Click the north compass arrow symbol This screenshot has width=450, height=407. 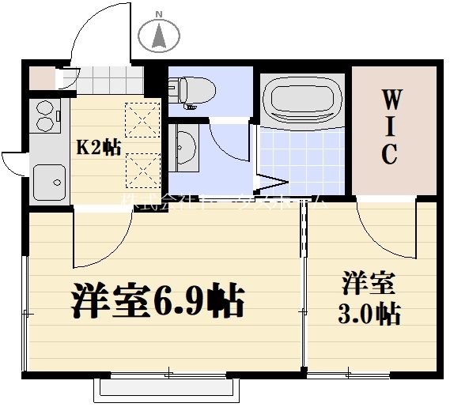pos(158,36)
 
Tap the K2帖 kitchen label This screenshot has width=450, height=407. pos(98,147)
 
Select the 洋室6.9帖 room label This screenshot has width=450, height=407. pos(158,300)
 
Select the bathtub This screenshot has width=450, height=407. pos(302,99)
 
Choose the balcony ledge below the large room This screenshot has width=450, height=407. pos(168,390)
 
